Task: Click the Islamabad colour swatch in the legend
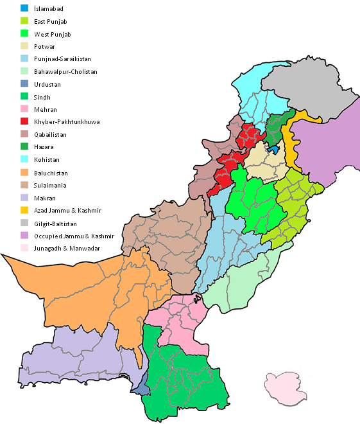(24, 9)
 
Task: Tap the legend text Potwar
(45, 47)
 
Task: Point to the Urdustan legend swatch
(24, 85)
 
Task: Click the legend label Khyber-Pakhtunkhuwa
(66, 122)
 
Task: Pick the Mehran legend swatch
(24, 110)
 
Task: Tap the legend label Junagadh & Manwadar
(67, 248)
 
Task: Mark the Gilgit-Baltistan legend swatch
(24, 223)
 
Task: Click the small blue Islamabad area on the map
(273, 149)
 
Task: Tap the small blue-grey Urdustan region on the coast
(139, 385)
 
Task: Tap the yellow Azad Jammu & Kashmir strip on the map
(292, 154)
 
